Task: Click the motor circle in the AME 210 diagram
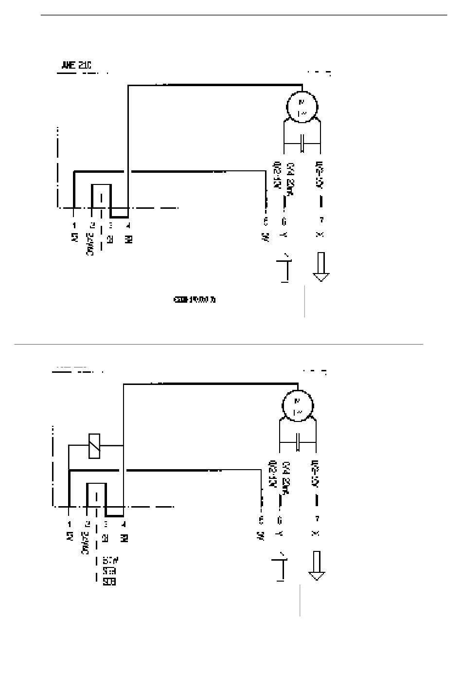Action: [302, 107]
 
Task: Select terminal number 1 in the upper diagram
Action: [74, 225]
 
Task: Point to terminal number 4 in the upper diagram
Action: [128, 225]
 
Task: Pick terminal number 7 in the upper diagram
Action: [320, 220]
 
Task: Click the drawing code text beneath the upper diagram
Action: [194, 299]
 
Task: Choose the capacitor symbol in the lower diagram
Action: [298, 442]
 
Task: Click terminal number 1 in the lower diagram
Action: [70, 524]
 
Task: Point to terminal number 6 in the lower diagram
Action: [280, 520]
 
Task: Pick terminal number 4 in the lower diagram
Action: [124, 524]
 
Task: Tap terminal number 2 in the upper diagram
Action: [91, 225]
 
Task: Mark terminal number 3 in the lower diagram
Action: [106, 524]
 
